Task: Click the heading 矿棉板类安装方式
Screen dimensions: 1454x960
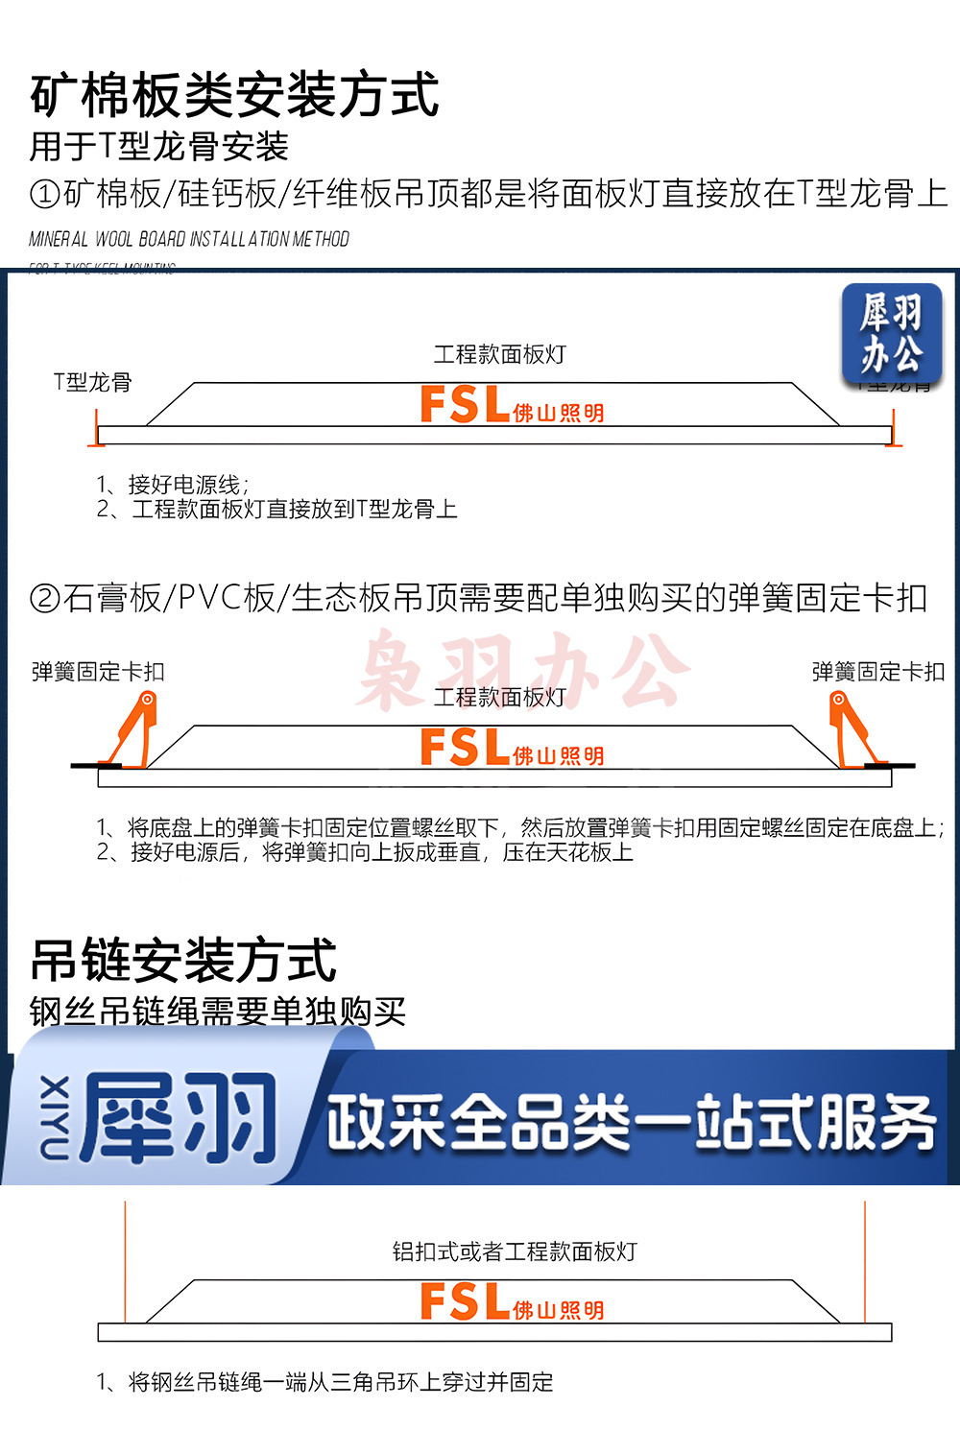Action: click(x=234, y=95)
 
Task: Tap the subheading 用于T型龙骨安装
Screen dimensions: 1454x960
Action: click(x=158, y=147)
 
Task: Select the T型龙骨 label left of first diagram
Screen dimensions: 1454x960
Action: click(x=92, y=382)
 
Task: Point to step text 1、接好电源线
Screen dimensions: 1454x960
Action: click(x=173, y=484)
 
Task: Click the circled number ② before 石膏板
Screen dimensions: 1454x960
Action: click(x=45, y=599)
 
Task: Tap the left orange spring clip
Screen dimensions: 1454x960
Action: click(x=135, y=729)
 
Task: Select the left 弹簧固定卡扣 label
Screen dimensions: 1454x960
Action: click(x=98, y=672)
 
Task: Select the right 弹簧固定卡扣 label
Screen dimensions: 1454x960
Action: click(x=878, y=672)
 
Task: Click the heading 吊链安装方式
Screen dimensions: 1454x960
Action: click(x=183, y=961)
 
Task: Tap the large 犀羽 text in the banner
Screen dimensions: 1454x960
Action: click(x=180, y=1118)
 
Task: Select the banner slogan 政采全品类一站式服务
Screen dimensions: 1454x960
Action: click(x=631, y=1122)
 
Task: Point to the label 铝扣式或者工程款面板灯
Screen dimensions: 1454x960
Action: click(x=515, y=1251)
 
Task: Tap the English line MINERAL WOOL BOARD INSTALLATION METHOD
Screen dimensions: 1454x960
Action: click(x=189, y=239)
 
